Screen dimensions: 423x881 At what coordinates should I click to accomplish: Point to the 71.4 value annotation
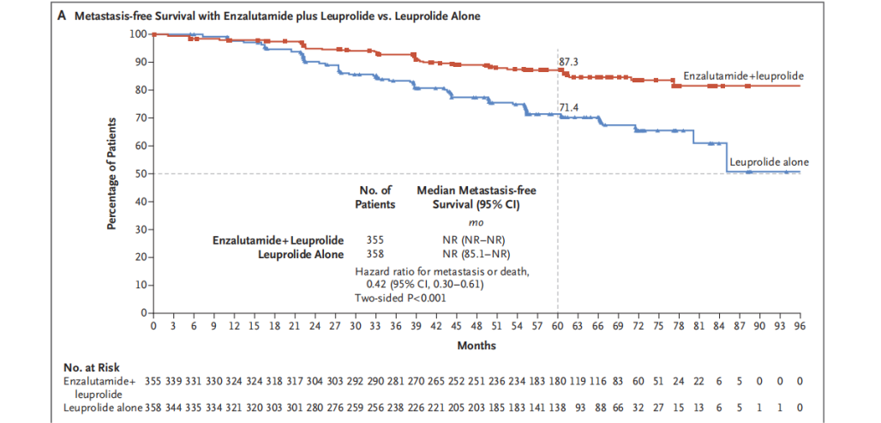571,107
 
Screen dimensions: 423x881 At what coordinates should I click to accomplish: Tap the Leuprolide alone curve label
769,161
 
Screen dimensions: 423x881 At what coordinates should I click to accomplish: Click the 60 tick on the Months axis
558,327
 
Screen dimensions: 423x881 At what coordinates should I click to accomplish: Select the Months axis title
476,345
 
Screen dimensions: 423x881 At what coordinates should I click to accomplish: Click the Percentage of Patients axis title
111,173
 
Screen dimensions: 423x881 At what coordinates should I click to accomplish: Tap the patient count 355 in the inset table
375,239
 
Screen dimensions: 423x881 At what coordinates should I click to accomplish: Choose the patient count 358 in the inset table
375,254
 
